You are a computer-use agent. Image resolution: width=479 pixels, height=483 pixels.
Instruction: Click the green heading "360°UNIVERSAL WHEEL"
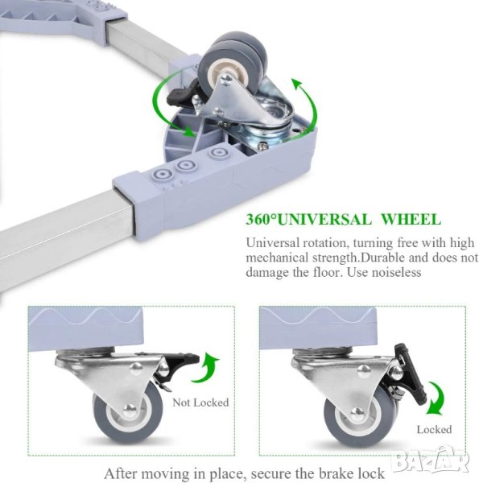coord(344,219)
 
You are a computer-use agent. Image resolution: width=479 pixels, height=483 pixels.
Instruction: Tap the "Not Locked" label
coord(200,402)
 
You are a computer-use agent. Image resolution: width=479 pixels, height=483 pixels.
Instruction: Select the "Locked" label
coord(434,429)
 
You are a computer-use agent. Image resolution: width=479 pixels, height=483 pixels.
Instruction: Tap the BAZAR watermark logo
coord(432,461)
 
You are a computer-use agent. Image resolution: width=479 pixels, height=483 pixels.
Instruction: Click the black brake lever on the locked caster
coord(411,374)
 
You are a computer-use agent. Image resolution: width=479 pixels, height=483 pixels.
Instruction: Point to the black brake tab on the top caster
coord(178,96)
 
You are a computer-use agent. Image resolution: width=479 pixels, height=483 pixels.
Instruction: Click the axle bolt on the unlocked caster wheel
coord(130,409)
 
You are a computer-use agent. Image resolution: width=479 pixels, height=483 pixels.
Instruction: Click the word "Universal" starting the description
coord(272,243)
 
